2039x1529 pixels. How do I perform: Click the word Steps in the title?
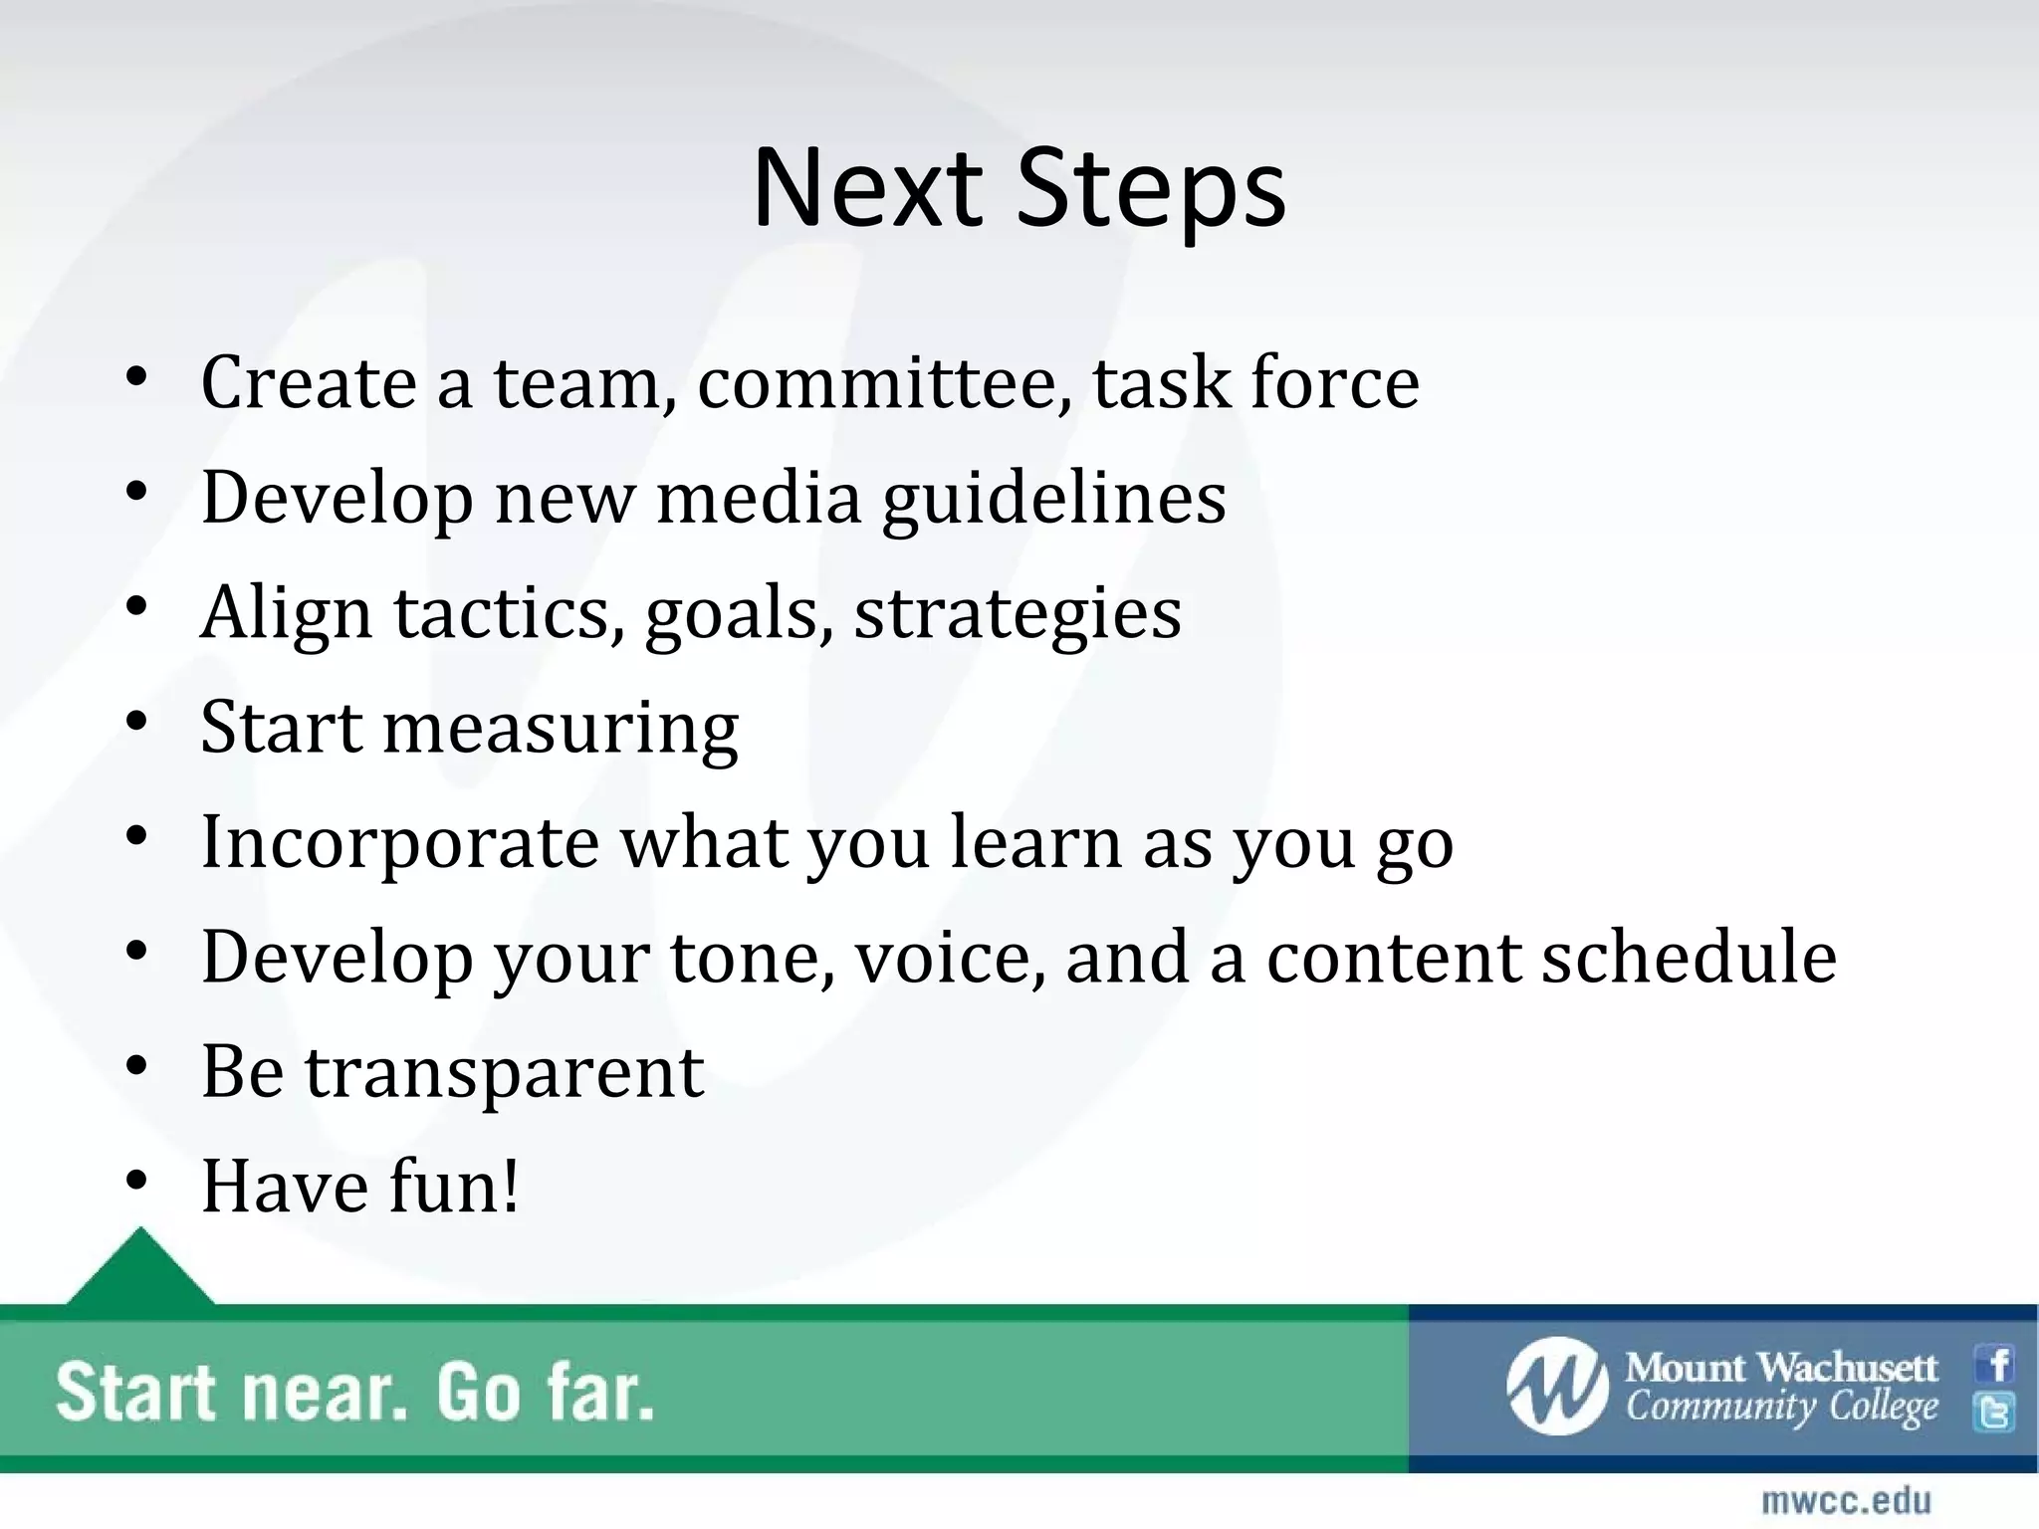1152,189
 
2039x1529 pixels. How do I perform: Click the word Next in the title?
867,189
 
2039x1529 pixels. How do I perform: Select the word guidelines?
1054,498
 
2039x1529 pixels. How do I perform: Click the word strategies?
1018,614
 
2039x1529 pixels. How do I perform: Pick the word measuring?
561,729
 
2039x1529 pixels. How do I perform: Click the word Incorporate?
399,843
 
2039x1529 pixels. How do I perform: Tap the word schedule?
1689,957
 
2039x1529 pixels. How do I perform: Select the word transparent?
504,1073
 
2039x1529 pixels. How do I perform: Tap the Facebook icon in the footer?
1996,1365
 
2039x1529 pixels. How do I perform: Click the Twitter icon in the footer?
1995,1412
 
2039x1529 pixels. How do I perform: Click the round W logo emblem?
1557,1387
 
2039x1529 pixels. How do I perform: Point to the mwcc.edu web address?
1846,1501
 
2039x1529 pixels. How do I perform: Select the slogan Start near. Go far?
355,1392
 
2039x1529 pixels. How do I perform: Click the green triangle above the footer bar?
140,1269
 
